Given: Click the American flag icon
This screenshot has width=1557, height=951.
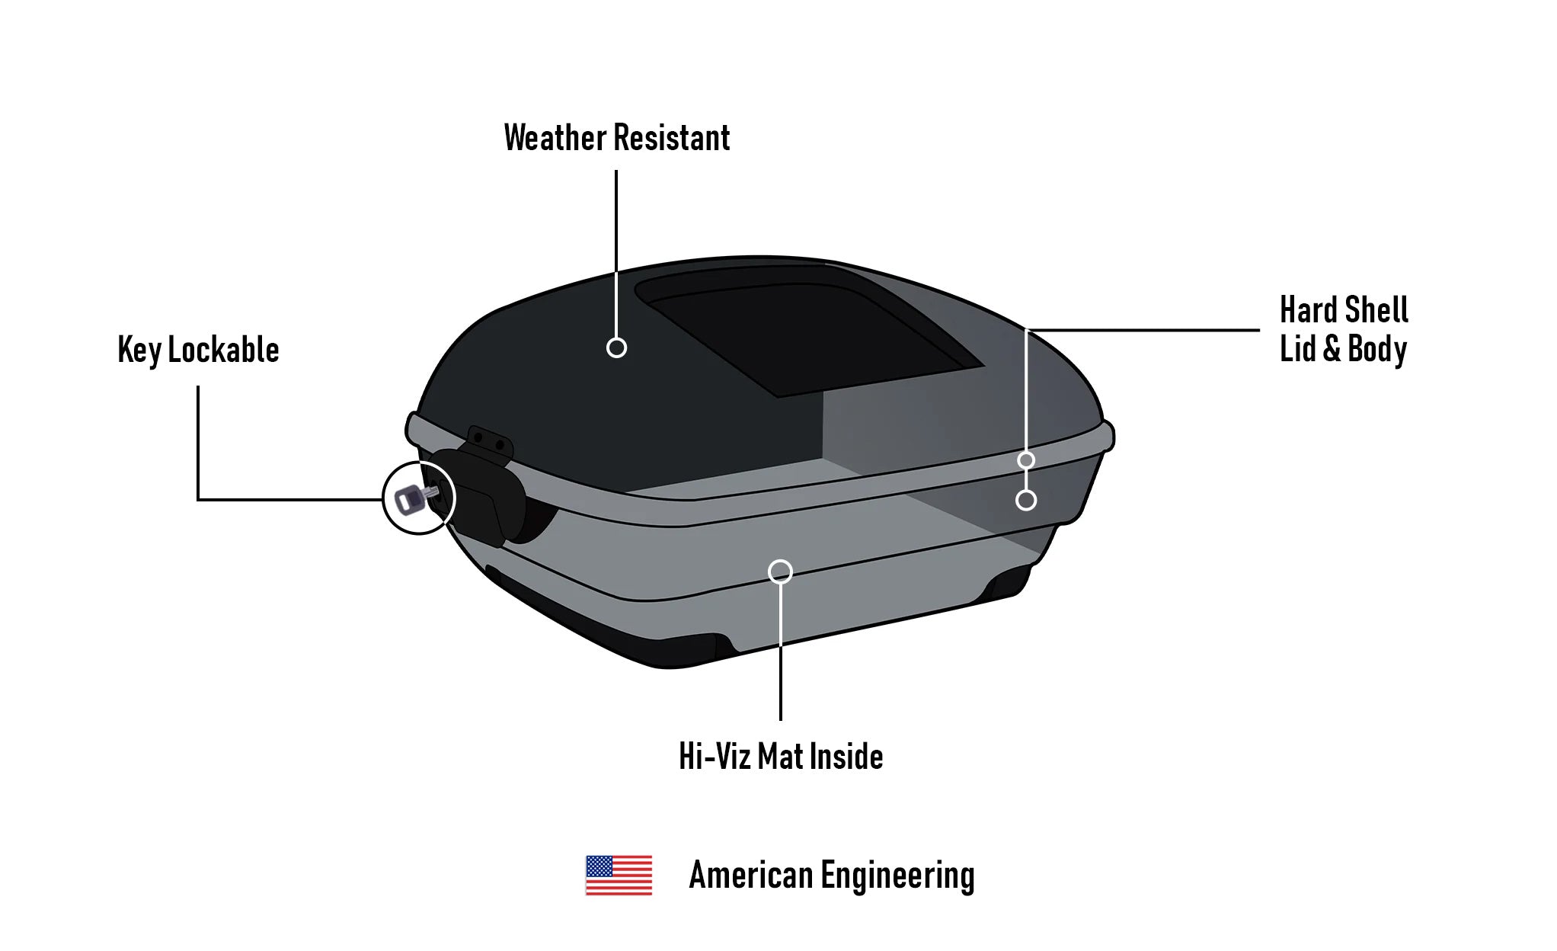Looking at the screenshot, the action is click(619, 875).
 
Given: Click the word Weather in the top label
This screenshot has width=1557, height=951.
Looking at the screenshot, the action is click(555, 138).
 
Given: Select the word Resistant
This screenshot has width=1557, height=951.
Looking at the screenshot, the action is click(672, 138).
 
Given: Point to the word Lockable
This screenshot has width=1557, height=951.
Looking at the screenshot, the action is click(223, 350).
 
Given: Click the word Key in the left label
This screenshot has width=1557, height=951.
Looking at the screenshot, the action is click(139, 351).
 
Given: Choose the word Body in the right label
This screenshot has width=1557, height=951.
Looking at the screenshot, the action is click(1377, 350).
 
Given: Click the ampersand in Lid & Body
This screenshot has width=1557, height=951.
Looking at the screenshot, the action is click(1332, 349).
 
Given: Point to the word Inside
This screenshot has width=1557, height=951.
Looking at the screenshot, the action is click(846, 757).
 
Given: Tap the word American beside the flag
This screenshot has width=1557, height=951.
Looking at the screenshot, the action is click(751, 875).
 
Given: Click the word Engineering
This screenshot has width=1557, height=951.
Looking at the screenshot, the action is click(897, 876).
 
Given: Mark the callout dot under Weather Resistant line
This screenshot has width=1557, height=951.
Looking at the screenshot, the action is click(616, 347).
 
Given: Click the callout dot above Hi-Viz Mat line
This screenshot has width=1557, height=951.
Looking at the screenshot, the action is click(780, 572).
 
